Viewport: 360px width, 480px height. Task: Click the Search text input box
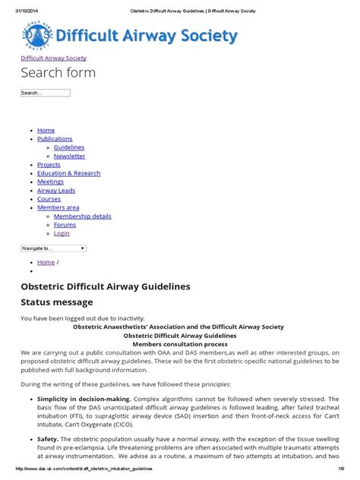coord(45,93)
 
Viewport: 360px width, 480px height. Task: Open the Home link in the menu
coord(46,131)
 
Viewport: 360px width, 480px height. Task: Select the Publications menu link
coord(55,139)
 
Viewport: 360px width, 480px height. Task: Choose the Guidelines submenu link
coord(69,147)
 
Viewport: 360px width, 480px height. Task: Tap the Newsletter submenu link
coord(69,156)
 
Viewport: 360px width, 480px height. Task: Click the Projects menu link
coord(49,164)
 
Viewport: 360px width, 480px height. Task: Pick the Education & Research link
coord(68,173)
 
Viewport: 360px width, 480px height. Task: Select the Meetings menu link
coord(50,182)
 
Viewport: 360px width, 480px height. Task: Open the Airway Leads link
coord(56,191)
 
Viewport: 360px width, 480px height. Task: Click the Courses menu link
coord(49,199)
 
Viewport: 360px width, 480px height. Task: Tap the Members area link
coord(58,207)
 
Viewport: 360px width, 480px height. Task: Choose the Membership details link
coord(82,216)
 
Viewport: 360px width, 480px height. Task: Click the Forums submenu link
coord(65,225)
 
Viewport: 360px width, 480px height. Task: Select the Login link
coord(62,233)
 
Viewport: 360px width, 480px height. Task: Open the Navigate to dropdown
coord(53,248)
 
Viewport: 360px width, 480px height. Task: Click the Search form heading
coord(58,73)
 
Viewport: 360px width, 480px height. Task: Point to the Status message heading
coord(57,302)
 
